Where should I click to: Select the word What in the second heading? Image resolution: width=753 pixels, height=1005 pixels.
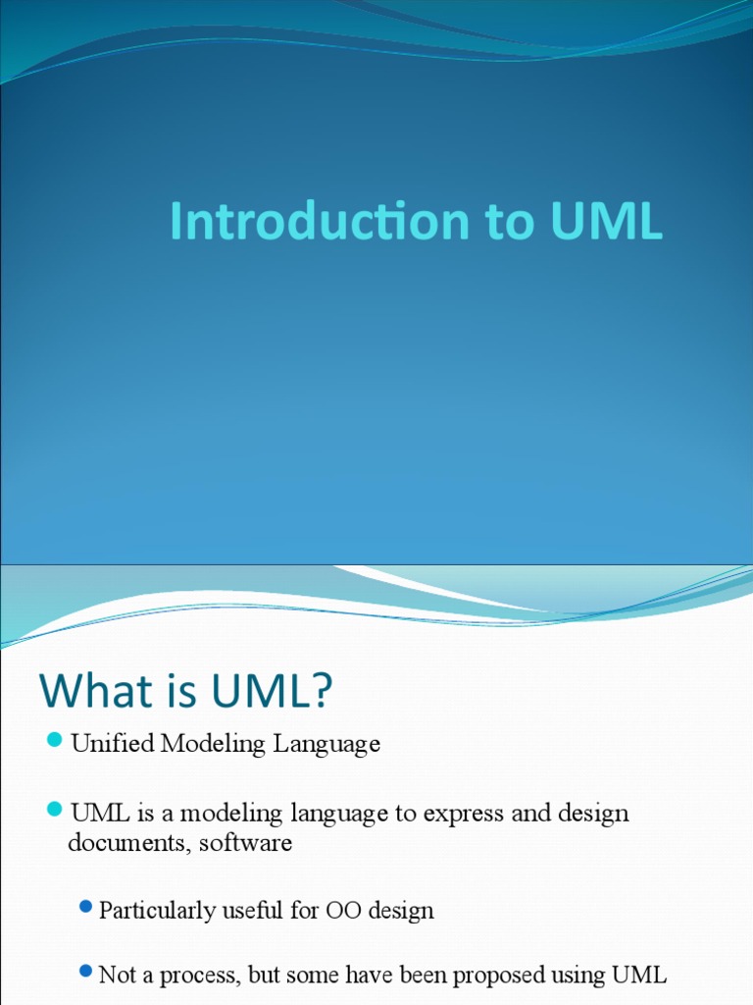point(88,692)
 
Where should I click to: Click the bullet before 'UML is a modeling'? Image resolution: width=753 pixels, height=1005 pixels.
point(55,810)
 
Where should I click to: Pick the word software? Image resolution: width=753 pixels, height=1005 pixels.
point(246,843)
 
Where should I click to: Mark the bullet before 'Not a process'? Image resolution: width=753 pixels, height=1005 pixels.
point(86,971)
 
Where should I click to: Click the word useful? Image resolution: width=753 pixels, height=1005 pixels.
point(253,911)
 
